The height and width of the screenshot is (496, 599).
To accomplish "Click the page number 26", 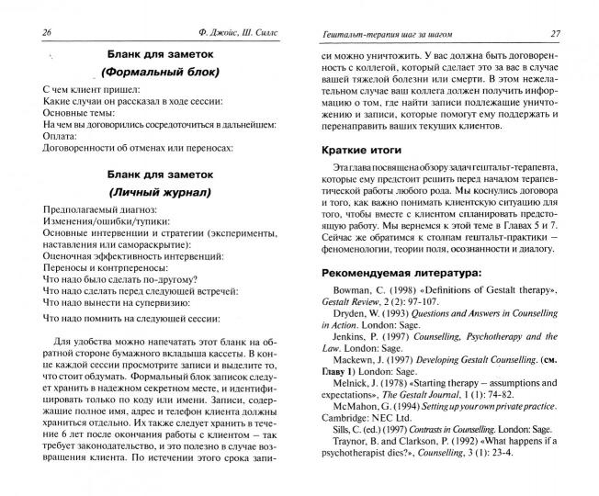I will (26, 32).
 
